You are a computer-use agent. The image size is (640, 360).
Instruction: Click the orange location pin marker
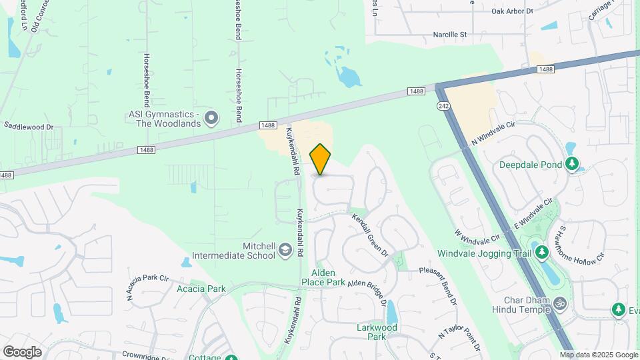[321, 159]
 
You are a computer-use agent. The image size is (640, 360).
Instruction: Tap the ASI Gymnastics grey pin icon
[212, 119]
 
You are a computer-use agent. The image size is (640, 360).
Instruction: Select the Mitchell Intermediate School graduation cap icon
[285, 250]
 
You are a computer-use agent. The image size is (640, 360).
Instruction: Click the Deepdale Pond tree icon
[571, 163]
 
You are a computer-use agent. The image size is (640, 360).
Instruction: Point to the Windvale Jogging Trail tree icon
[542, 253]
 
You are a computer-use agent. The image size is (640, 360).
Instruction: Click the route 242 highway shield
[443, 106]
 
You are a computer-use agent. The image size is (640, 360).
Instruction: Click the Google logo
[22, 351]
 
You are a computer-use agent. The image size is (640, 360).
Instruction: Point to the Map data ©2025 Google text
[598, 355]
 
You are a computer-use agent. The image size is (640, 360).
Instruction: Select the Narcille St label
[451, 34]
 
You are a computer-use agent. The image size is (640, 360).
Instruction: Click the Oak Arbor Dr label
[513, 11]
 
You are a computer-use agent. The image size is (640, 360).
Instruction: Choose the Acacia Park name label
[201, 289]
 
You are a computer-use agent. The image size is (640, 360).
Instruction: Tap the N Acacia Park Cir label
[147, 284]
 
